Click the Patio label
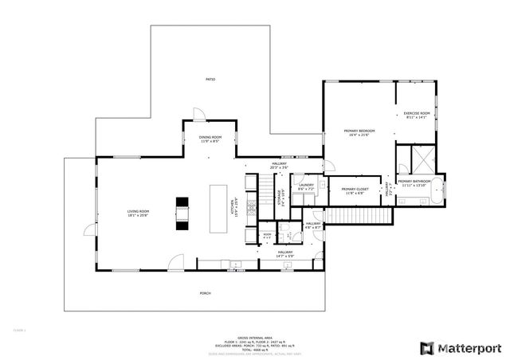tap(210, 80)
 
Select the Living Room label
tap(138, 212)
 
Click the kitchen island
tap(218, 209)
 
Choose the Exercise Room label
tap(417, 114)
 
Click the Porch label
tap(205, 292)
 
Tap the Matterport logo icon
tap(427, 348)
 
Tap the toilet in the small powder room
tap(269, 237)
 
